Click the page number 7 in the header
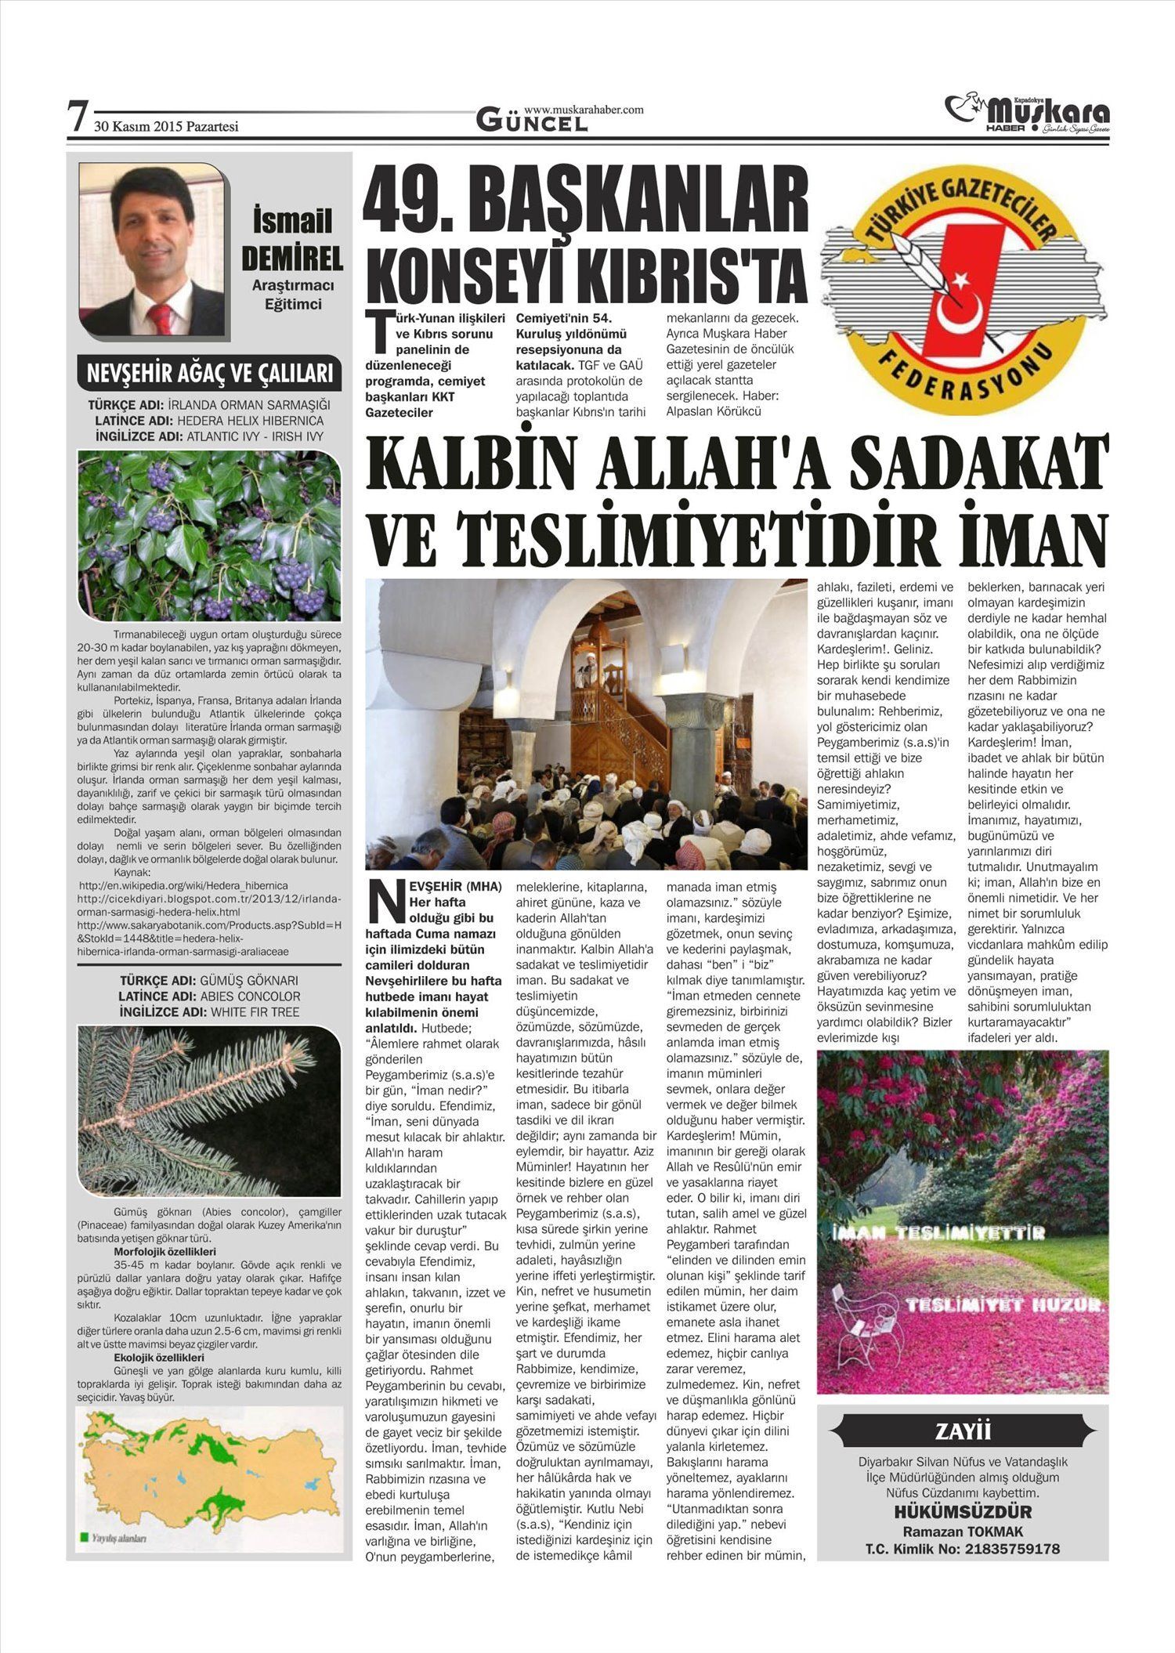(76, 117)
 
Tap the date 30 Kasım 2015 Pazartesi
(166, 126)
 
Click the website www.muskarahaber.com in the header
(584, 110)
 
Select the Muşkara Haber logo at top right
(1028, 114)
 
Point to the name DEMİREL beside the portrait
(292, 258)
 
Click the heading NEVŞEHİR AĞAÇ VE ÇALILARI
(210, 374)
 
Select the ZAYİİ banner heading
(963, 1432)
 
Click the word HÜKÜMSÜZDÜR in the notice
(963, 1511)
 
